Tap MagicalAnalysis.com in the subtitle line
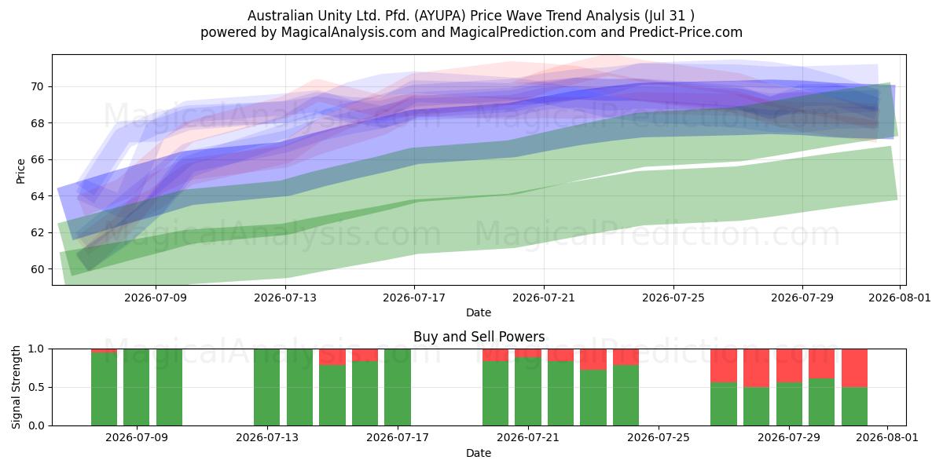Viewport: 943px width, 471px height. [349, 32]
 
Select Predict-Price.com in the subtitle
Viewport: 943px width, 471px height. [686, 32]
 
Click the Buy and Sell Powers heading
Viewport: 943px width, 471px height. [479, 337]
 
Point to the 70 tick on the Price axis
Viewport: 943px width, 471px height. [37, 87]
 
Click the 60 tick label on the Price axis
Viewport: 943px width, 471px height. [37, 269]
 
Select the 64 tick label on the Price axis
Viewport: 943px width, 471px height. [37, 196]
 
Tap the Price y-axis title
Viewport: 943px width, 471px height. [20, 171]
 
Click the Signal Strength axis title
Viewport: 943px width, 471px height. [16, 387]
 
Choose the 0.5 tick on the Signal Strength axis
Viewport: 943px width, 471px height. [36, 387]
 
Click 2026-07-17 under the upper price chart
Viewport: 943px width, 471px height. [414, 298]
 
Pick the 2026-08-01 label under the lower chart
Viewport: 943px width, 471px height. [887, 437]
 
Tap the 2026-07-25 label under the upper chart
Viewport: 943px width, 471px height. [673, 298]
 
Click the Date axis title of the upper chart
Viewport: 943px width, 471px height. [479, 312]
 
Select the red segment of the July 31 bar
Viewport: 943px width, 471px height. [855, 368]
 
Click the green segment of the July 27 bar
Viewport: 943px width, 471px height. [724, 404]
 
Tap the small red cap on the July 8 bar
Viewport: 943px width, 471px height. [104, 351]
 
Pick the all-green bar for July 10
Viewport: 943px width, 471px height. [169, 387]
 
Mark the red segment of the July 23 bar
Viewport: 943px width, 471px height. [593, 360]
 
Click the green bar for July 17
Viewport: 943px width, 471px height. [398, 387]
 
